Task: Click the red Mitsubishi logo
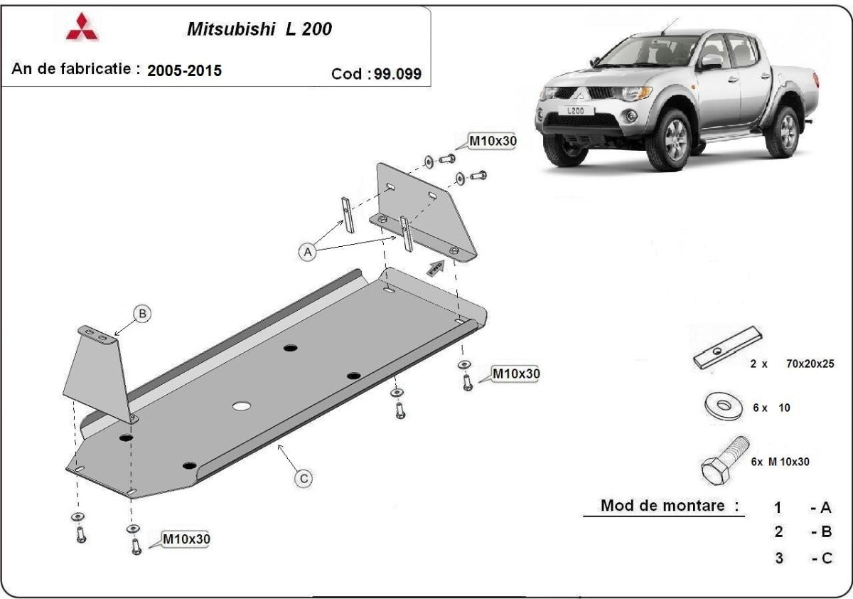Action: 82,26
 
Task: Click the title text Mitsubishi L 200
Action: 259,29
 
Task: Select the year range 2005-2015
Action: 184,70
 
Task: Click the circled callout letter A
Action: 307,252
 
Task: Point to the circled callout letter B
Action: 142,313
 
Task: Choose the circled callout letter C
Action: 304,479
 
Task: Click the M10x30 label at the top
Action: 492,141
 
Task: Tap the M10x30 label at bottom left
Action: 186,539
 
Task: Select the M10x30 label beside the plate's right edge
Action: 515,373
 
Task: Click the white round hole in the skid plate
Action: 242,406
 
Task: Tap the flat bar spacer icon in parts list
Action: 727,349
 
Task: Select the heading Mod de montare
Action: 670,506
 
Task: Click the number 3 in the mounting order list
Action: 778,558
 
